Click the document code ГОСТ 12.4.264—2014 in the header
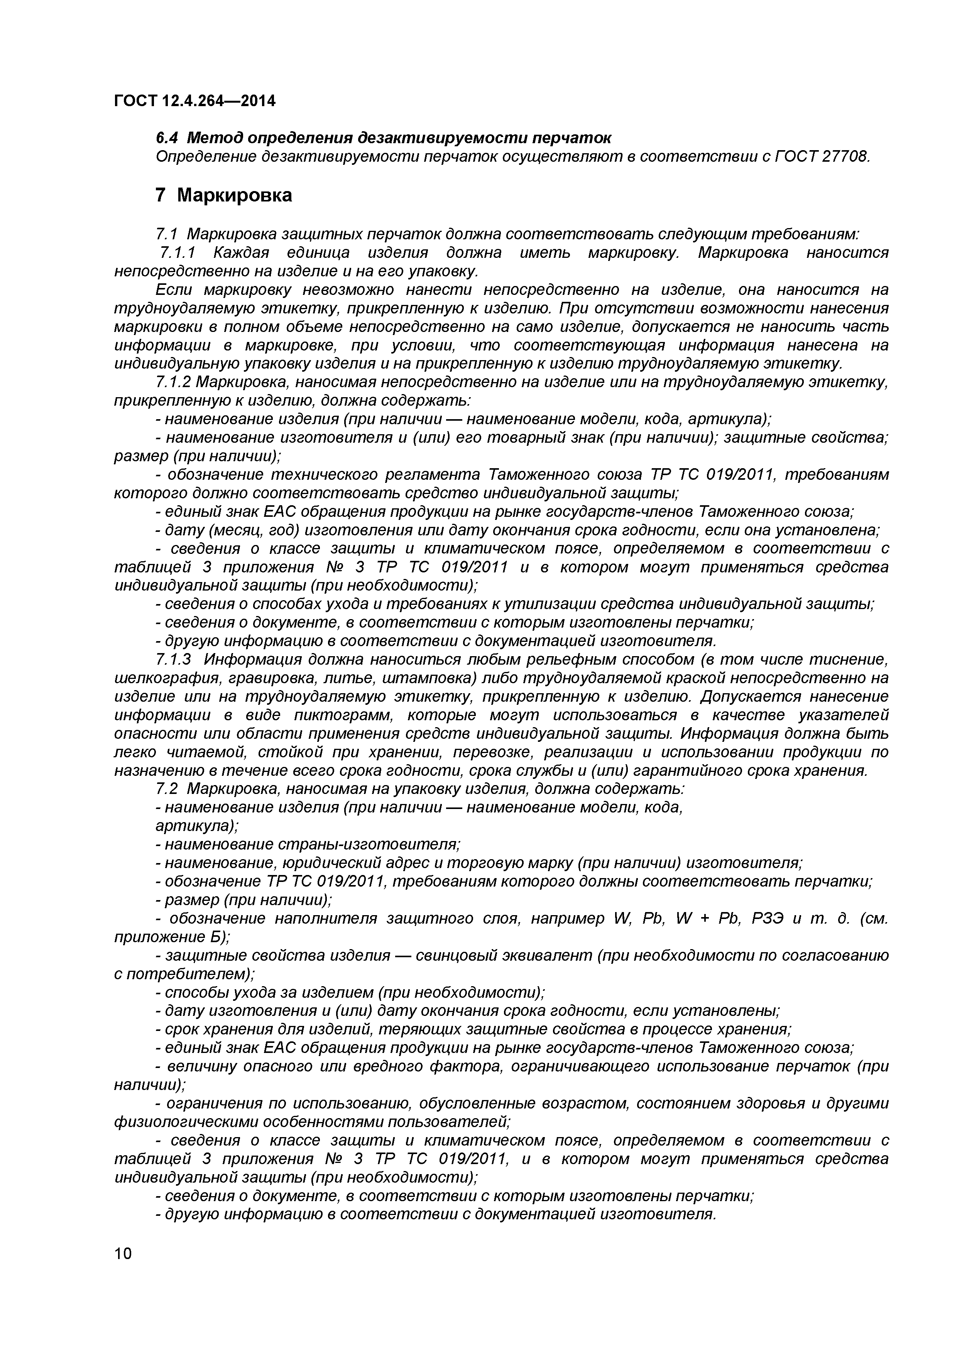tap(194, 102)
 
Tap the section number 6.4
tap(166, 138)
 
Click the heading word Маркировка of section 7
tap(234, 195)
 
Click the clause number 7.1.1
tap(178, 253)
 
